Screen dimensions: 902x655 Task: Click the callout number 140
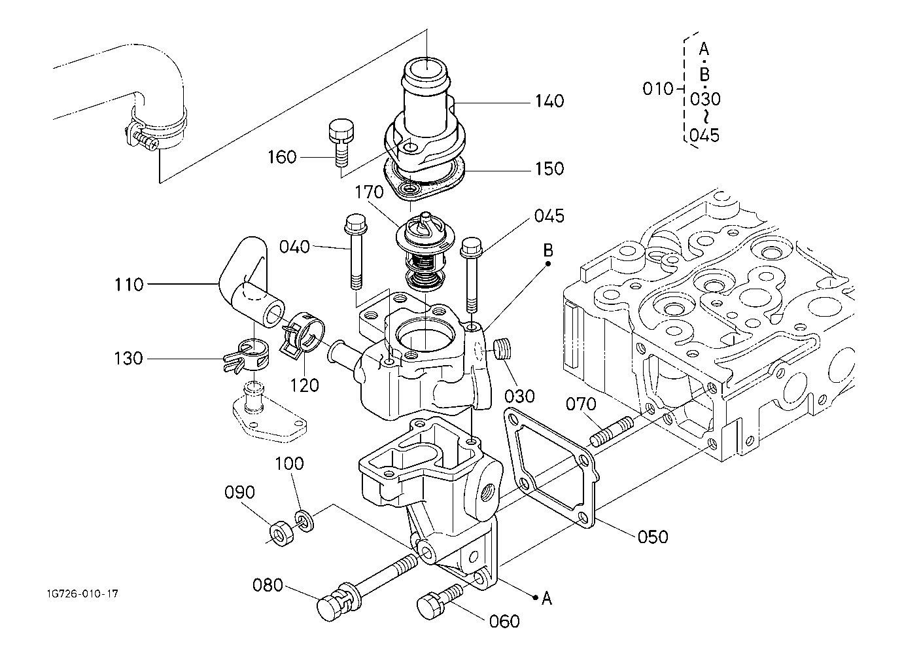(x=549, y=101)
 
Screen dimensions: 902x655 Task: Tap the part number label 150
(x=549, y=169)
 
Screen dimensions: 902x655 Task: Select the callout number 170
(x=369, y=192)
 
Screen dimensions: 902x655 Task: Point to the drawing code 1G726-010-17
(x=82, y=593)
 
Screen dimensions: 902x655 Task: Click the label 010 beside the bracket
(x=657, y=88)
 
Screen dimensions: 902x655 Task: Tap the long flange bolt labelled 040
(x=355, y=252)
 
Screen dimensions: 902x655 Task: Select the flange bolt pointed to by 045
(x=471, y=275)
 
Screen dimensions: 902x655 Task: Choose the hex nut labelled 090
(x=281, y=533)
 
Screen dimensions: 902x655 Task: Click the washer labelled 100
(x=305, y=522)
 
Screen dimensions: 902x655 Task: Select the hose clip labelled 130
(x=247, y=356)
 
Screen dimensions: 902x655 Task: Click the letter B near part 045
(x=548, y=251)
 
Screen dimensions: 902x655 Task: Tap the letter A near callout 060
(x=546, y=598)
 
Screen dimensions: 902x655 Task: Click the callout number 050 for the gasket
(x=653, y=537)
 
